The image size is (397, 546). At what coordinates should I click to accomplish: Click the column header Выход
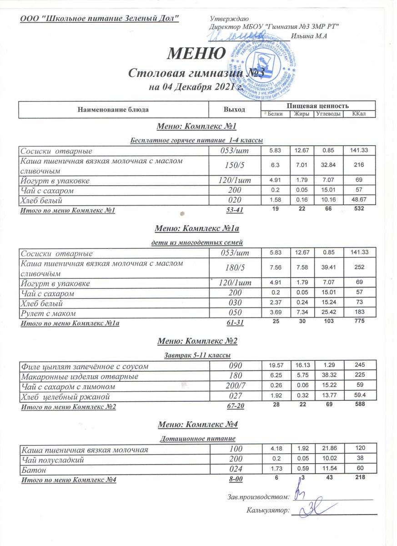(x=235, y=110)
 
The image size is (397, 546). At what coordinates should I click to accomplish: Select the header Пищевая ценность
(x=318, y=105)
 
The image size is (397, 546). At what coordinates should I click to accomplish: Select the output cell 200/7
(x=233, y=386)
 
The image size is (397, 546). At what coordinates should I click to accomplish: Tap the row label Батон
(x=32, y=469)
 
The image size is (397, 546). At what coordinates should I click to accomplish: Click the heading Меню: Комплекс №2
(x=197, y=341)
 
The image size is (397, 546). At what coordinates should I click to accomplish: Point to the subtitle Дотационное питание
(x=197, y=439)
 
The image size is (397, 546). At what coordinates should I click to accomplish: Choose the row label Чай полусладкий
(x=53, y=460)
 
